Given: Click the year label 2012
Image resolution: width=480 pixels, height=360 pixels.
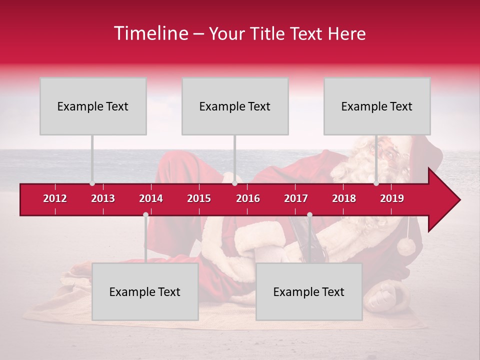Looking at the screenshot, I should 55,198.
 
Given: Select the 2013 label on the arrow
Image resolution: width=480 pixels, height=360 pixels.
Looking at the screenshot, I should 103,198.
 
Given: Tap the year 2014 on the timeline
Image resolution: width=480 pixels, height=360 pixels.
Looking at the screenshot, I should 151,198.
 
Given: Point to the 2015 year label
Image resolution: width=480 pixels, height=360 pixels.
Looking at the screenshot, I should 199,198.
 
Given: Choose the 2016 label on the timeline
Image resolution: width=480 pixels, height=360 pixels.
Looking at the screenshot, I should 248,198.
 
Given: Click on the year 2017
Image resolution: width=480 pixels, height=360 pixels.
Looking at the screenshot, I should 296,198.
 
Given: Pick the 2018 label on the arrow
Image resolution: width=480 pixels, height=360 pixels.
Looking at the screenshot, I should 344,198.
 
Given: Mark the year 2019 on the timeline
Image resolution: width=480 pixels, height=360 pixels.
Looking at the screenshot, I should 392,198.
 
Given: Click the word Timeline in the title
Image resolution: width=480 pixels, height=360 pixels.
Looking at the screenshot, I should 150,33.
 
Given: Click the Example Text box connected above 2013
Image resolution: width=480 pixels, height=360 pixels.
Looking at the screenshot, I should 93,106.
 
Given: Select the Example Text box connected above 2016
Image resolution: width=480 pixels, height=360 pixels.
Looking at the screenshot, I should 235,106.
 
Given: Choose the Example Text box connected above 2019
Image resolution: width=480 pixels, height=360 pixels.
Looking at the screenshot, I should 377,106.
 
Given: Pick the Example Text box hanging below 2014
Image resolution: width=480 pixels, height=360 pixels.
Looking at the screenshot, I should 145,291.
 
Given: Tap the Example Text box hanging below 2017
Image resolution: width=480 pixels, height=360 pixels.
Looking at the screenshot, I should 309,291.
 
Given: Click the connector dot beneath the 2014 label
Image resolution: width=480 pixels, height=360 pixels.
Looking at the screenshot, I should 145,215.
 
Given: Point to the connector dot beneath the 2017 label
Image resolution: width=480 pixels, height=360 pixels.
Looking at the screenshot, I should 309,215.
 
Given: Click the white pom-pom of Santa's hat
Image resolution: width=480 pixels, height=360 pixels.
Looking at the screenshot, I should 406,246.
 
